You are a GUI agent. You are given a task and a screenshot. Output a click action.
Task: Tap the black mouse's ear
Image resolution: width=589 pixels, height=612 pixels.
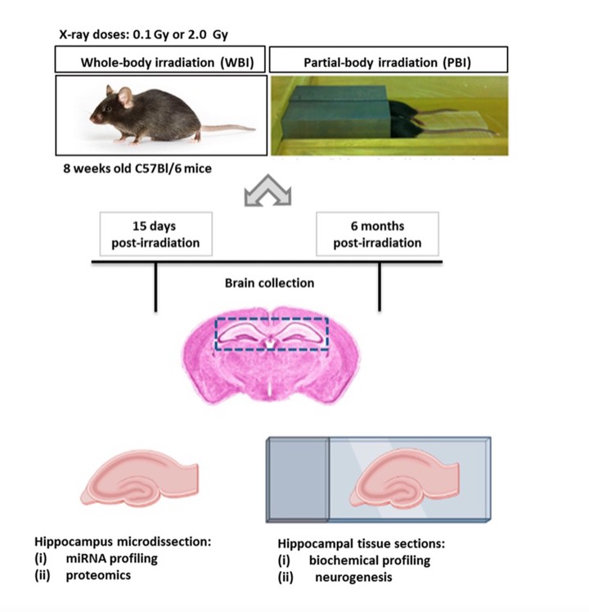pyautogui.click(x=124, y=97)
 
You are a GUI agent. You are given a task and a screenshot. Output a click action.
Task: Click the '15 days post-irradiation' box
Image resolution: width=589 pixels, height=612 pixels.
pyautogui.click(x=155, y=234)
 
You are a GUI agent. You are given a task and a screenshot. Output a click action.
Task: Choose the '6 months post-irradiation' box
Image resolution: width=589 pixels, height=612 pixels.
pyautogui.click(x=378, y=234)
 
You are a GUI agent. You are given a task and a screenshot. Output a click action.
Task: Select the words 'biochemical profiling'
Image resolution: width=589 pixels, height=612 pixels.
pyautogui.click(x=369, y=560)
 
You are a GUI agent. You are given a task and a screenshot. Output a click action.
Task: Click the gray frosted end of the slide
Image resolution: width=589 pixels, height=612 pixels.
pyautogui.click(x=298, y=479)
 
